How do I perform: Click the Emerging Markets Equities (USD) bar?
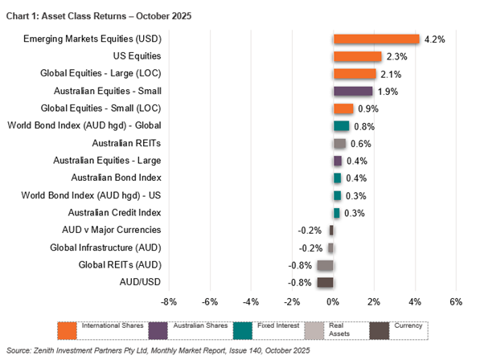pos(376,39)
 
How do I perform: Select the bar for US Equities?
pos(357,56)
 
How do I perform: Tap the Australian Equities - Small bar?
pos(353,92)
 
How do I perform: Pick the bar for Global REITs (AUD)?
pos(325,265)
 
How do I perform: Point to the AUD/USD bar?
pos(325,282)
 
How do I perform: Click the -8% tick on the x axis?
pos(169,302)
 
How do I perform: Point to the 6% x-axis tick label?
pos(456,302)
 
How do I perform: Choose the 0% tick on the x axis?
pos(333,302)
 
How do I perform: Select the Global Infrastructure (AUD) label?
pos(109,247)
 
